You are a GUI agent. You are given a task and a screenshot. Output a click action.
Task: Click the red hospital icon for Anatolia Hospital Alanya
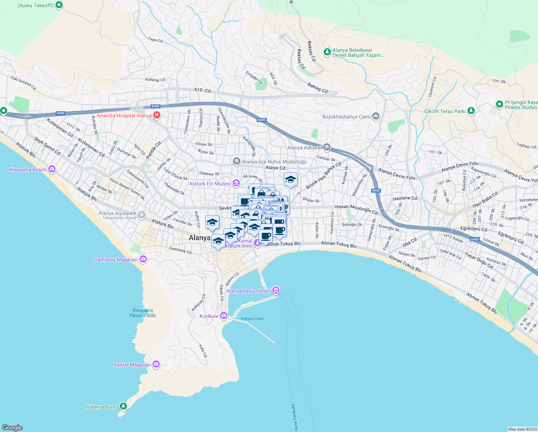[157, 116]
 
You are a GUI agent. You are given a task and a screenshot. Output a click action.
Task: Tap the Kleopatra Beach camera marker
[52, 169]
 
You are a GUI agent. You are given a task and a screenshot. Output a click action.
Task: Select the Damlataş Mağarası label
[116, 260]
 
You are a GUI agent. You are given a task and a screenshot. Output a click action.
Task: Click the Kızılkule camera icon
[224, 316]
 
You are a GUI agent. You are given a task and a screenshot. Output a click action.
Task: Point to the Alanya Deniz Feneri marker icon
[276, 290]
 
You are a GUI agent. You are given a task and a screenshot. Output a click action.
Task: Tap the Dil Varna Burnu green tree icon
[123, 406]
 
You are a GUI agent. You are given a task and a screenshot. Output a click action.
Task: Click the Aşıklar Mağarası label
[132, 365]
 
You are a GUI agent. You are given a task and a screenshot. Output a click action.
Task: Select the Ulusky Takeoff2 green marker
[59, 5]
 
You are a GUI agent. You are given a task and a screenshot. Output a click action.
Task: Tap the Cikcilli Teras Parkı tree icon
[471, 111]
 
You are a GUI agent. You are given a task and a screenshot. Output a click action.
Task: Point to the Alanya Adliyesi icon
[327, 147]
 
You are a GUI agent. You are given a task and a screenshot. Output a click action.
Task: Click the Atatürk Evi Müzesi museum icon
[236, 183]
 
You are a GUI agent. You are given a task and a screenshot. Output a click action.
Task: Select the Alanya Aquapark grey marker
[142, 215]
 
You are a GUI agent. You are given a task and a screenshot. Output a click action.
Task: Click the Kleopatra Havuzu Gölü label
[143, 313]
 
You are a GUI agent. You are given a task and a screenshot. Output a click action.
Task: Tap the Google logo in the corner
[12, 427]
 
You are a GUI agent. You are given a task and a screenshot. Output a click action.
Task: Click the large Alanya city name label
[200, 238]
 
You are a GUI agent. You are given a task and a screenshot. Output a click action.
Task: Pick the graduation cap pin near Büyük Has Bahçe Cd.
[291, 180]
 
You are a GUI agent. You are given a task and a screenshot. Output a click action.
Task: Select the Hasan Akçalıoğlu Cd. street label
[356, 208]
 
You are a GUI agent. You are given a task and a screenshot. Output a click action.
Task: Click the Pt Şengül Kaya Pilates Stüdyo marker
[499, 104]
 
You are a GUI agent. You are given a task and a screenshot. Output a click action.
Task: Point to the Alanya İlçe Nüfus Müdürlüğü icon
[236, 161]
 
